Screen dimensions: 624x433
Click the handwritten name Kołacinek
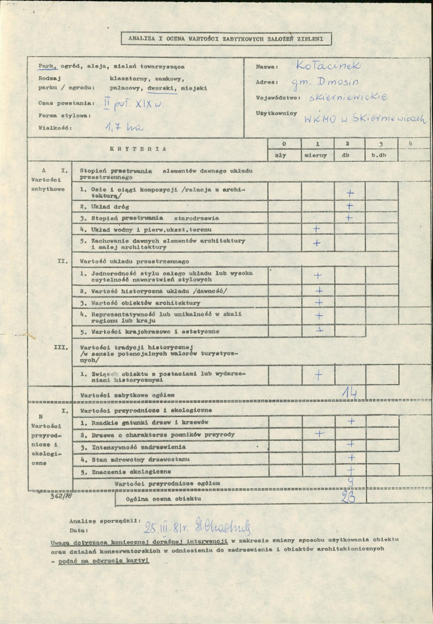pos(328,66)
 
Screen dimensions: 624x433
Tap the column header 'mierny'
pos(317,155)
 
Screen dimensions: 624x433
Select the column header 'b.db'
pos(382,155)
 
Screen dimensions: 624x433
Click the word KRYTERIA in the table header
pos(138,149)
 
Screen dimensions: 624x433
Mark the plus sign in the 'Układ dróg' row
pos(350,206)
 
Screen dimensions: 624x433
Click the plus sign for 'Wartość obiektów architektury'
pos(319,302)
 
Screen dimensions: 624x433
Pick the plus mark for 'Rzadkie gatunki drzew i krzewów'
pos(351,421)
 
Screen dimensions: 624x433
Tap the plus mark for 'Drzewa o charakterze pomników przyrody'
pos(319,434)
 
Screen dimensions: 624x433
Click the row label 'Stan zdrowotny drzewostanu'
pos(134,460)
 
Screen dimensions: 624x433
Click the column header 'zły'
pos(284,155)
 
